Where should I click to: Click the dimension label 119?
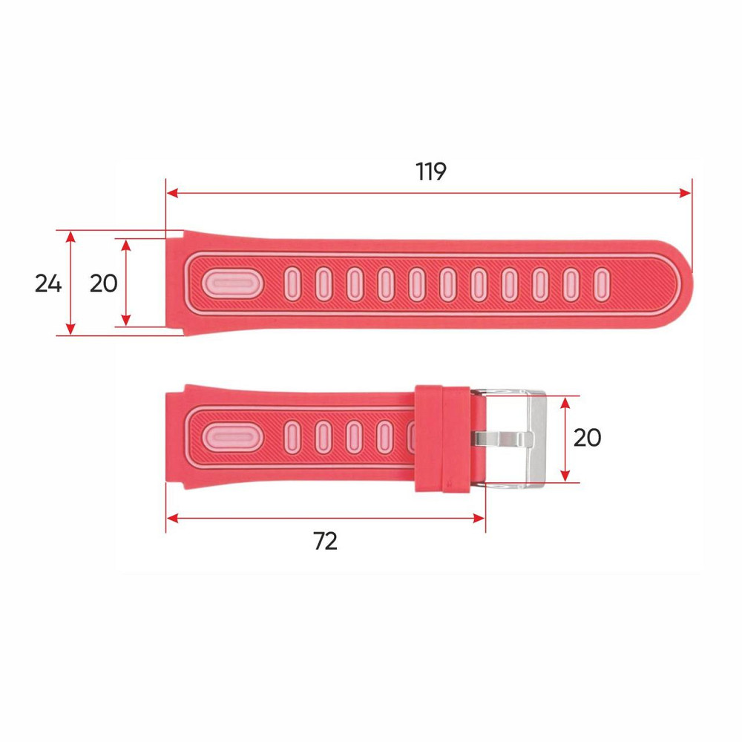pyautogui.click(x=430, y=171)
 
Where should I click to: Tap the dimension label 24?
pyautogui.click(x=48, y=283)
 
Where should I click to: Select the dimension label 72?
pyautogui.click(x=325, y=542)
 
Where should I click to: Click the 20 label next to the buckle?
pyautogui.click(x=587, y=438)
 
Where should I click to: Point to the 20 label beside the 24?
pyautogui.click(x=103, y=283)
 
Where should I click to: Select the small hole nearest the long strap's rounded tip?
pyautogui.click(x=601, y=284)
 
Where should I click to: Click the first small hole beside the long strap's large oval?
pyautogui.click(x=292, y=284)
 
